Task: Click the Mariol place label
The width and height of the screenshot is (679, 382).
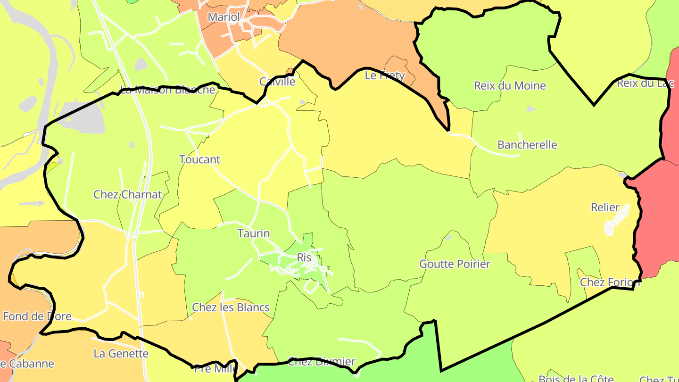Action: [224, 17]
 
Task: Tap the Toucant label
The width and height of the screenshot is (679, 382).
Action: [199, 159]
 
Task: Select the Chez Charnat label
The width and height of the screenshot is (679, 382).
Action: [127, 194]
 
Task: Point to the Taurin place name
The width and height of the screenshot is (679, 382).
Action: [254, 233]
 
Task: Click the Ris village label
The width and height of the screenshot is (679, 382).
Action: [304, 257]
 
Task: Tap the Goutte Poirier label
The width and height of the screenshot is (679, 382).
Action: [455, 264]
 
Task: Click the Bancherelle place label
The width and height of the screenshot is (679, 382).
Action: [527, 145]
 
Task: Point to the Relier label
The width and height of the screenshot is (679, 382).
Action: [605, 208]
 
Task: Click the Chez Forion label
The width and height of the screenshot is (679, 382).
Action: [610, 282]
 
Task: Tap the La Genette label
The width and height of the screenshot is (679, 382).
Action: [121, 353]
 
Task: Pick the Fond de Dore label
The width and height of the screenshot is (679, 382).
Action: [37, 316]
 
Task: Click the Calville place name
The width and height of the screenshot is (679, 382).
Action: [277, 82]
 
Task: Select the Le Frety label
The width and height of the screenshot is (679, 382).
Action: [385, 75]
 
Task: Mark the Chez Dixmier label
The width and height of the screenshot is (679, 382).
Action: [321, 362]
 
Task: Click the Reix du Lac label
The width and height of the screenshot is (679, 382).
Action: [646, 83]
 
